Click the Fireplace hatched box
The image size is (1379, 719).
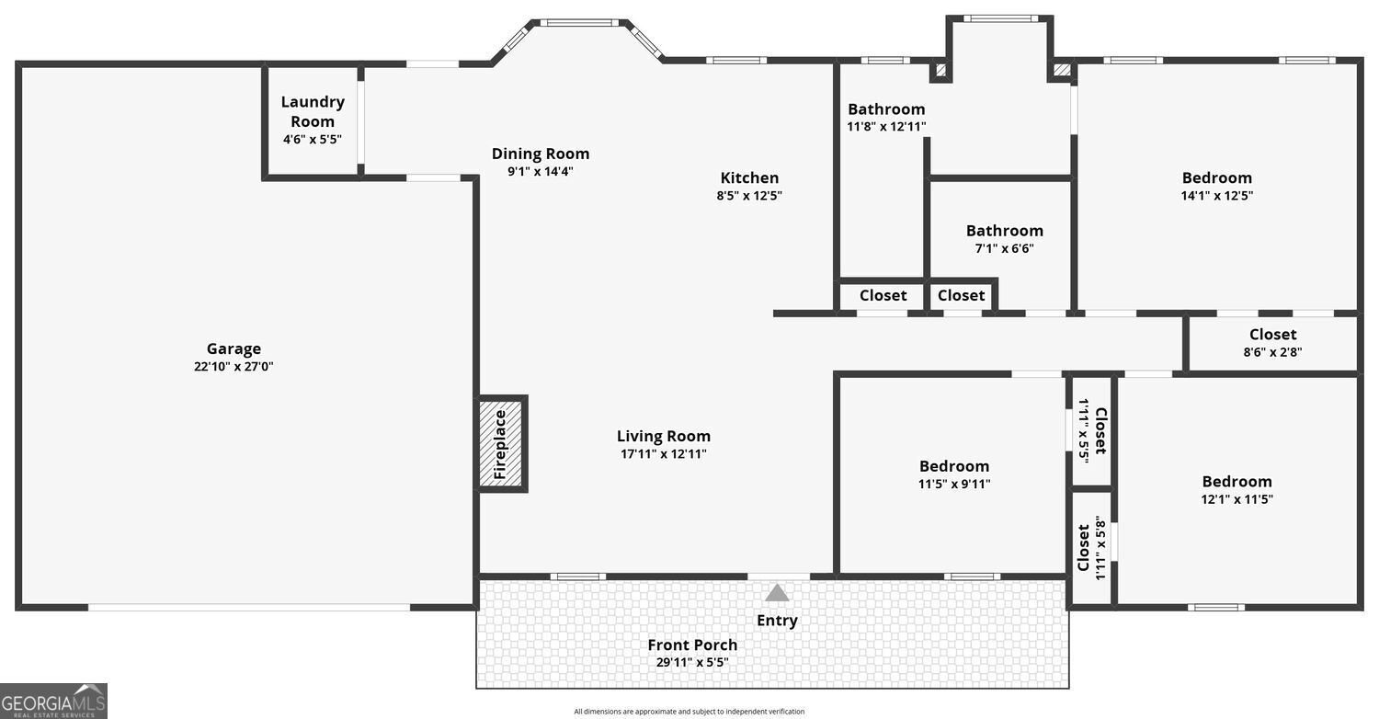pos(502,444)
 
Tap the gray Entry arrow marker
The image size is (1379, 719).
pos(777,593)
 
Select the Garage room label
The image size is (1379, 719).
pos(234,348)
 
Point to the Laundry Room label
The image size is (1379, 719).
pos(313,111)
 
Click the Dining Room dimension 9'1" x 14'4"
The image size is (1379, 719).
pos(541,171)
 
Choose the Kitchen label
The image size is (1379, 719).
pos(749,177)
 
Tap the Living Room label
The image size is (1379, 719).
pos(663,436)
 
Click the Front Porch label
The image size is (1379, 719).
pos(692,645)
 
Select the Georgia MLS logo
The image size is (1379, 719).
pos(53,701)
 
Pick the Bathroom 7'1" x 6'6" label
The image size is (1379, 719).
pos(1004,231)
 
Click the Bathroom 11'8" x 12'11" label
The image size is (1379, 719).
pos(886,109)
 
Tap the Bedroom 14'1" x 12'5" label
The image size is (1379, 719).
pos(1216,177)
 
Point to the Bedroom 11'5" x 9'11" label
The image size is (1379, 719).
pos(954,466)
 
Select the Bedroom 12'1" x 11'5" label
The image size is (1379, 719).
pos(1237,482)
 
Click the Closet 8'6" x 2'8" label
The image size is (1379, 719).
pos(1272,335)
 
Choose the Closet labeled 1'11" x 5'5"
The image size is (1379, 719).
pos(1092,430)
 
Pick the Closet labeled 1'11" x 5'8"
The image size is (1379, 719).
pos(1091,547)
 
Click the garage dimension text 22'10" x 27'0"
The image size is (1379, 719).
pos(234,366)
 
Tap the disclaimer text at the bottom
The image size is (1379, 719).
pos(689,712)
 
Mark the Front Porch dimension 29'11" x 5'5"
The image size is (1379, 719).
pos(692,662)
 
